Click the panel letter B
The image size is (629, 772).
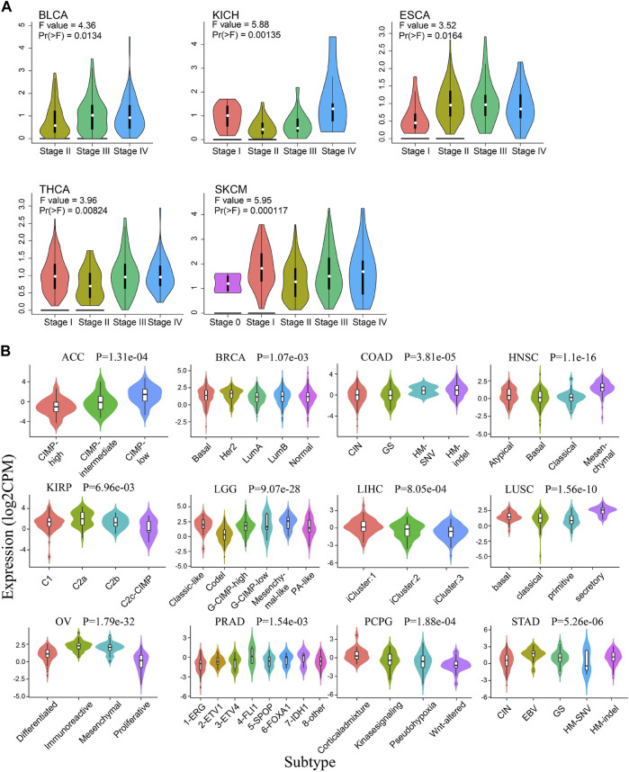click(9, 346)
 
